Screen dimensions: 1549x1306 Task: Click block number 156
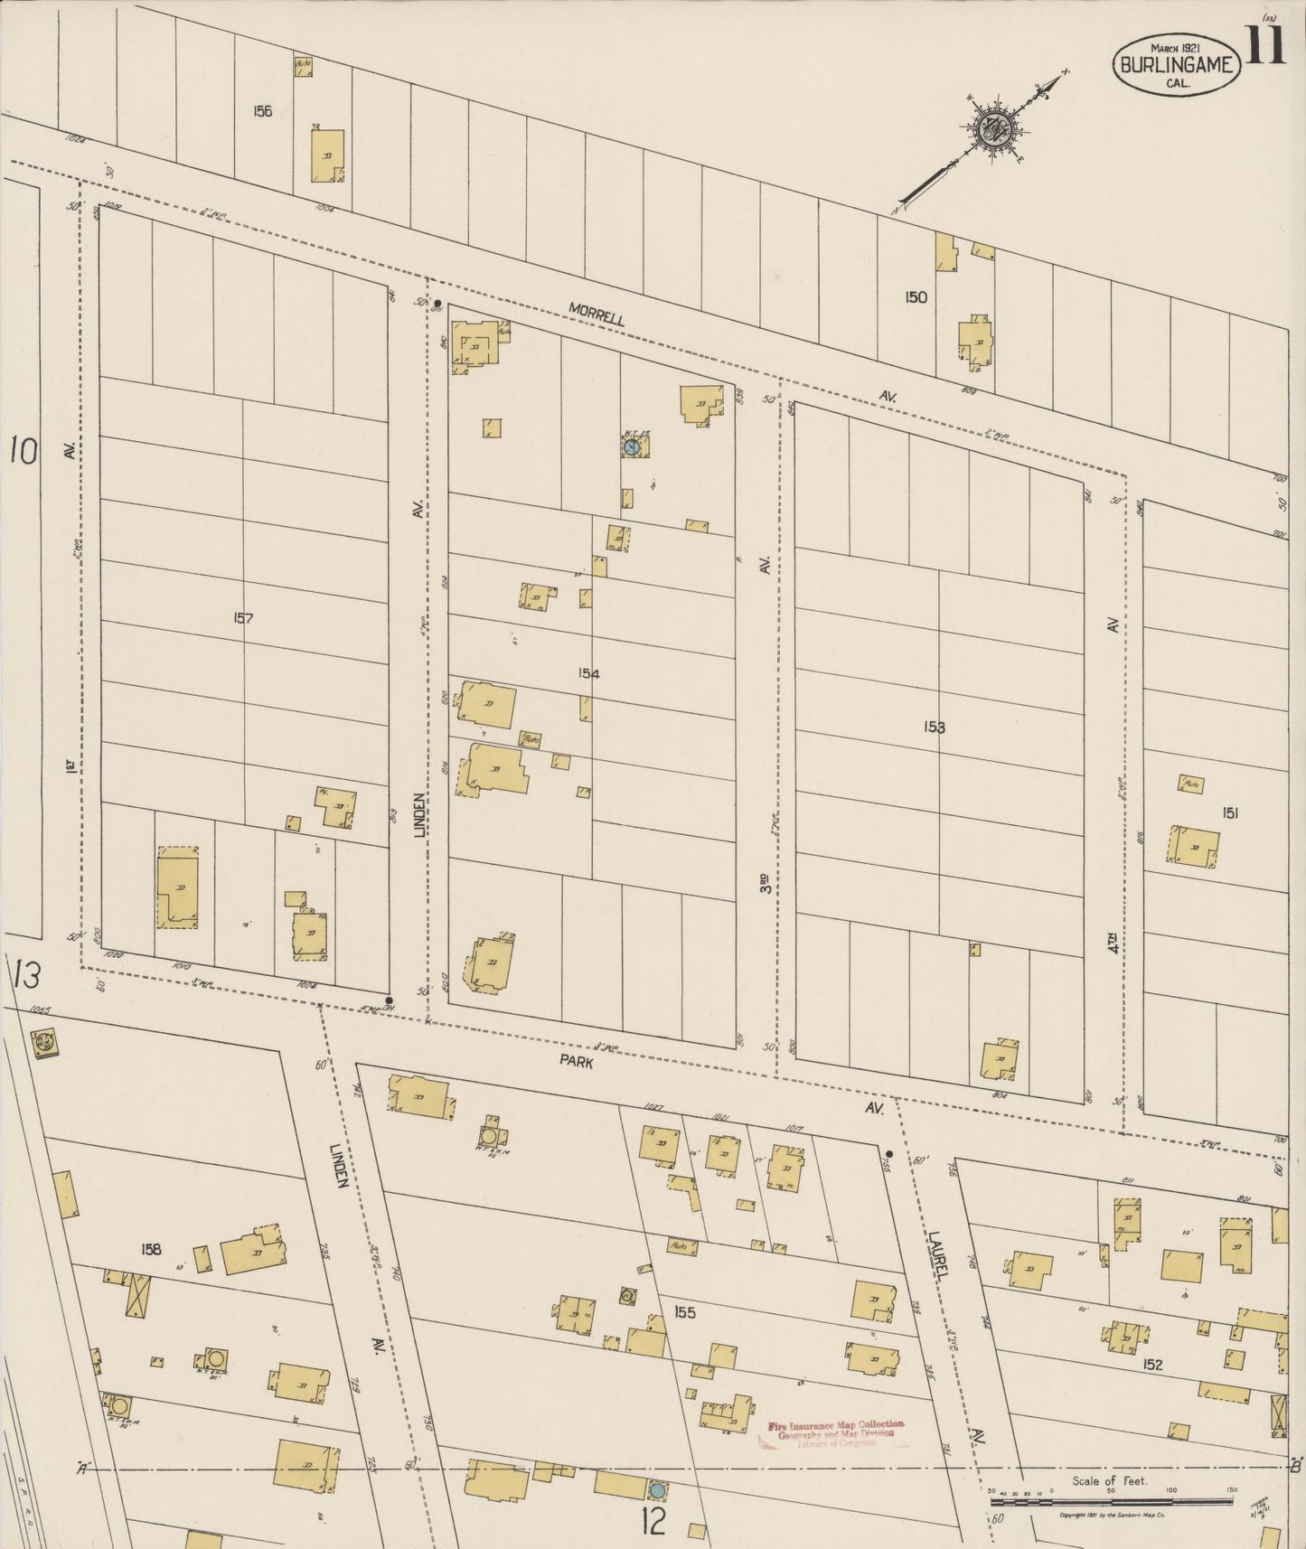tap(263, 112)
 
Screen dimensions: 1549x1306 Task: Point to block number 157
tap(243, 619)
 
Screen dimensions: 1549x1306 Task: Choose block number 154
tap(590, 673)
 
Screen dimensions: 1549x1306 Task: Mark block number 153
tap(935, 727)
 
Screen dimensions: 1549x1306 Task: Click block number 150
tap(916, 296)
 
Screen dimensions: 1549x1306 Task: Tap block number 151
tap(1230, 813)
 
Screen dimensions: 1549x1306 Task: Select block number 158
tap(151, 1249)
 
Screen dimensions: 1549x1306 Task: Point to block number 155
tap(685, 1311)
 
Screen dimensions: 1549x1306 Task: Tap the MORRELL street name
tap(597, 314)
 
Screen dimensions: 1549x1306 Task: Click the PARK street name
tap(576, 1063)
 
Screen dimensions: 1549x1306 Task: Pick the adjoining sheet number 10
tap(24, 450)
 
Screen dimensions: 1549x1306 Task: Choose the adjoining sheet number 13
tap(26, 976)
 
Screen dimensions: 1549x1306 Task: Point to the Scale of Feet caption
tap(1110, 1481)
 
